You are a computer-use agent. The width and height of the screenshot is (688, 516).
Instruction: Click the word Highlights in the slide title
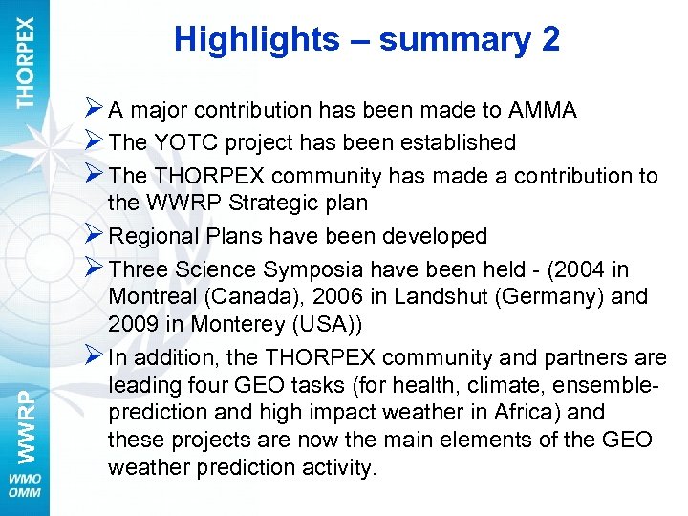tap(256, 40)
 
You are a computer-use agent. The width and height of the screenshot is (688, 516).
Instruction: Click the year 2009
tap(135, 324)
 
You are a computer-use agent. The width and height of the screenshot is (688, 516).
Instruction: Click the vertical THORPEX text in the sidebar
tap(25, 61)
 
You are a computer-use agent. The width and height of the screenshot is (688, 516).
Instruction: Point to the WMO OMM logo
tap(25, 484)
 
